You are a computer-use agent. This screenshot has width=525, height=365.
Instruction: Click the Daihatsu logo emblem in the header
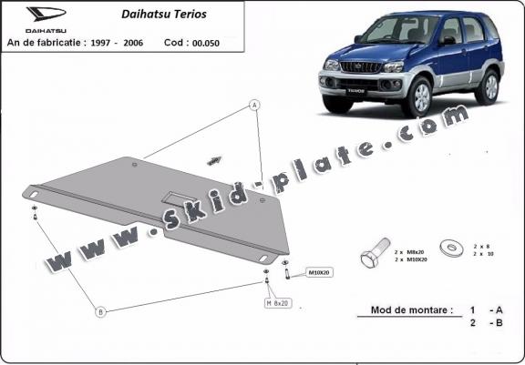pyautogui.click(x=40, y=15)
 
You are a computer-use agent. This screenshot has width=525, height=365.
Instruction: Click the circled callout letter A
pyautogui.click(x=255, y=106)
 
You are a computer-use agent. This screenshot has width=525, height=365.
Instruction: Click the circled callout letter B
pyautogui.click(x=101, y=311)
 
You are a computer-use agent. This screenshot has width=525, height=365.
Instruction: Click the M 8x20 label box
pyautogui.click(x=277, y=301)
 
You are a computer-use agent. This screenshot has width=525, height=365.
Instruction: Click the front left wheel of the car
pyautogui.click(x=425, y=97)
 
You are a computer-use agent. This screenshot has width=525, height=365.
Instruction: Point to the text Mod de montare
pyautogui.click(x=411, y=310)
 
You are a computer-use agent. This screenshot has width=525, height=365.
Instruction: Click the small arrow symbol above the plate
pyautogui.click(x=215, y=160)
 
